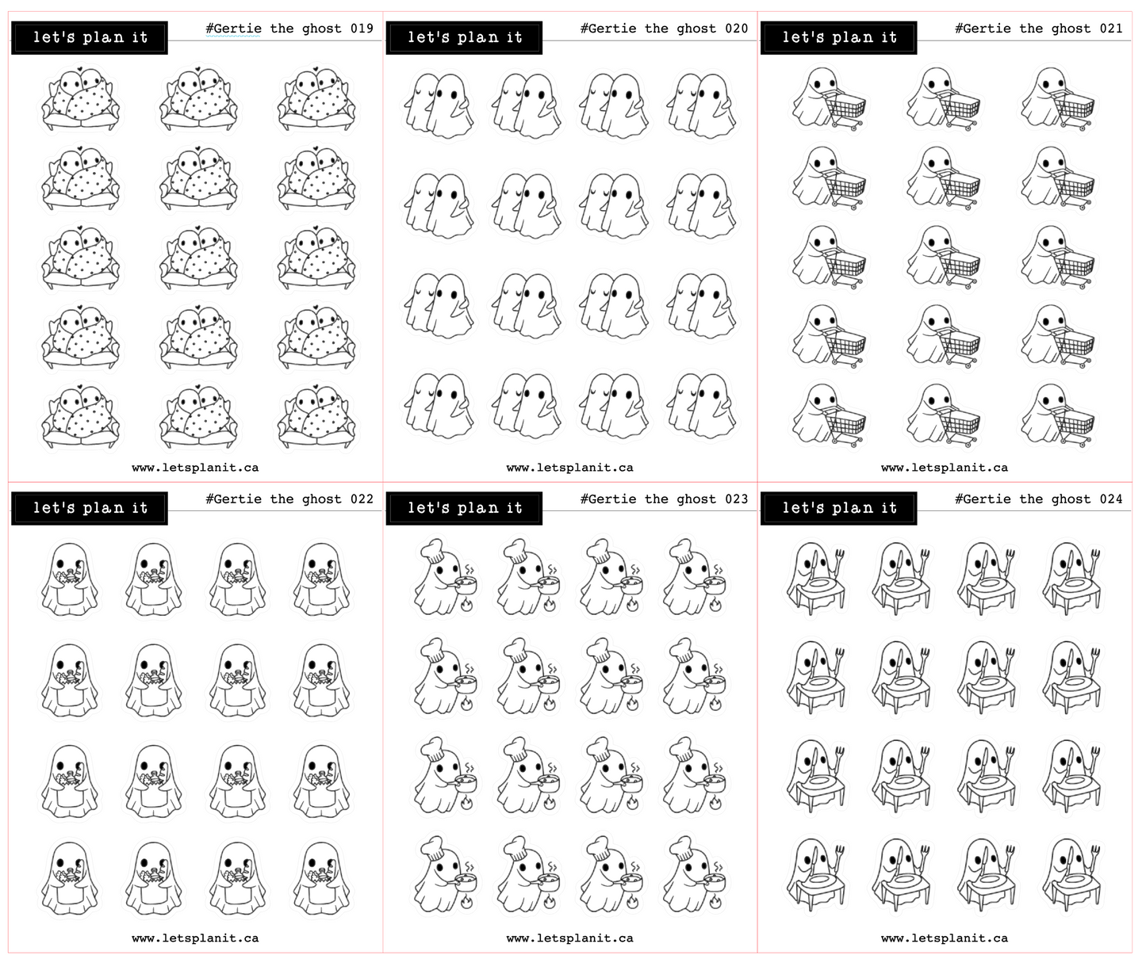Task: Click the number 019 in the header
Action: click(x=362, y=29)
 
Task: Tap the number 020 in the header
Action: click(x=737, y=29)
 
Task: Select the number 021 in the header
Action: click(x=1111, y=29)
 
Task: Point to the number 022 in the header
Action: click(x=362, y=499)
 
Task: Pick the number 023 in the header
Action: click(x=737, y=499)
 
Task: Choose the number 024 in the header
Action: click(x=1111, y=499)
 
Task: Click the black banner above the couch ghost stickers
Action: click(x=90, y=38)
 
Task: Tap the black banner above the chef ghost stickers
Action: click(x=464, y=509)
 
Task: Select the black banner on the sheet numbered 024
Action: click(x=838, y=509)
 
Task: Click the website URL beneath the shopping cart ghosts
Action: click(x=945, y=468)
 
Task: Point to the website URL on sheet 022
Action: click(x=195, y=938)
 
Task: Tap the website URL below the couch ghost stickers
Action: click(x=195, y=468)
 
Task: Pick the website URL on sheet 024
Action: click(x=945, y=938)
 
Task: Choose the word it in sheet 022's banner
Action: click(x=140, y=508)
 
